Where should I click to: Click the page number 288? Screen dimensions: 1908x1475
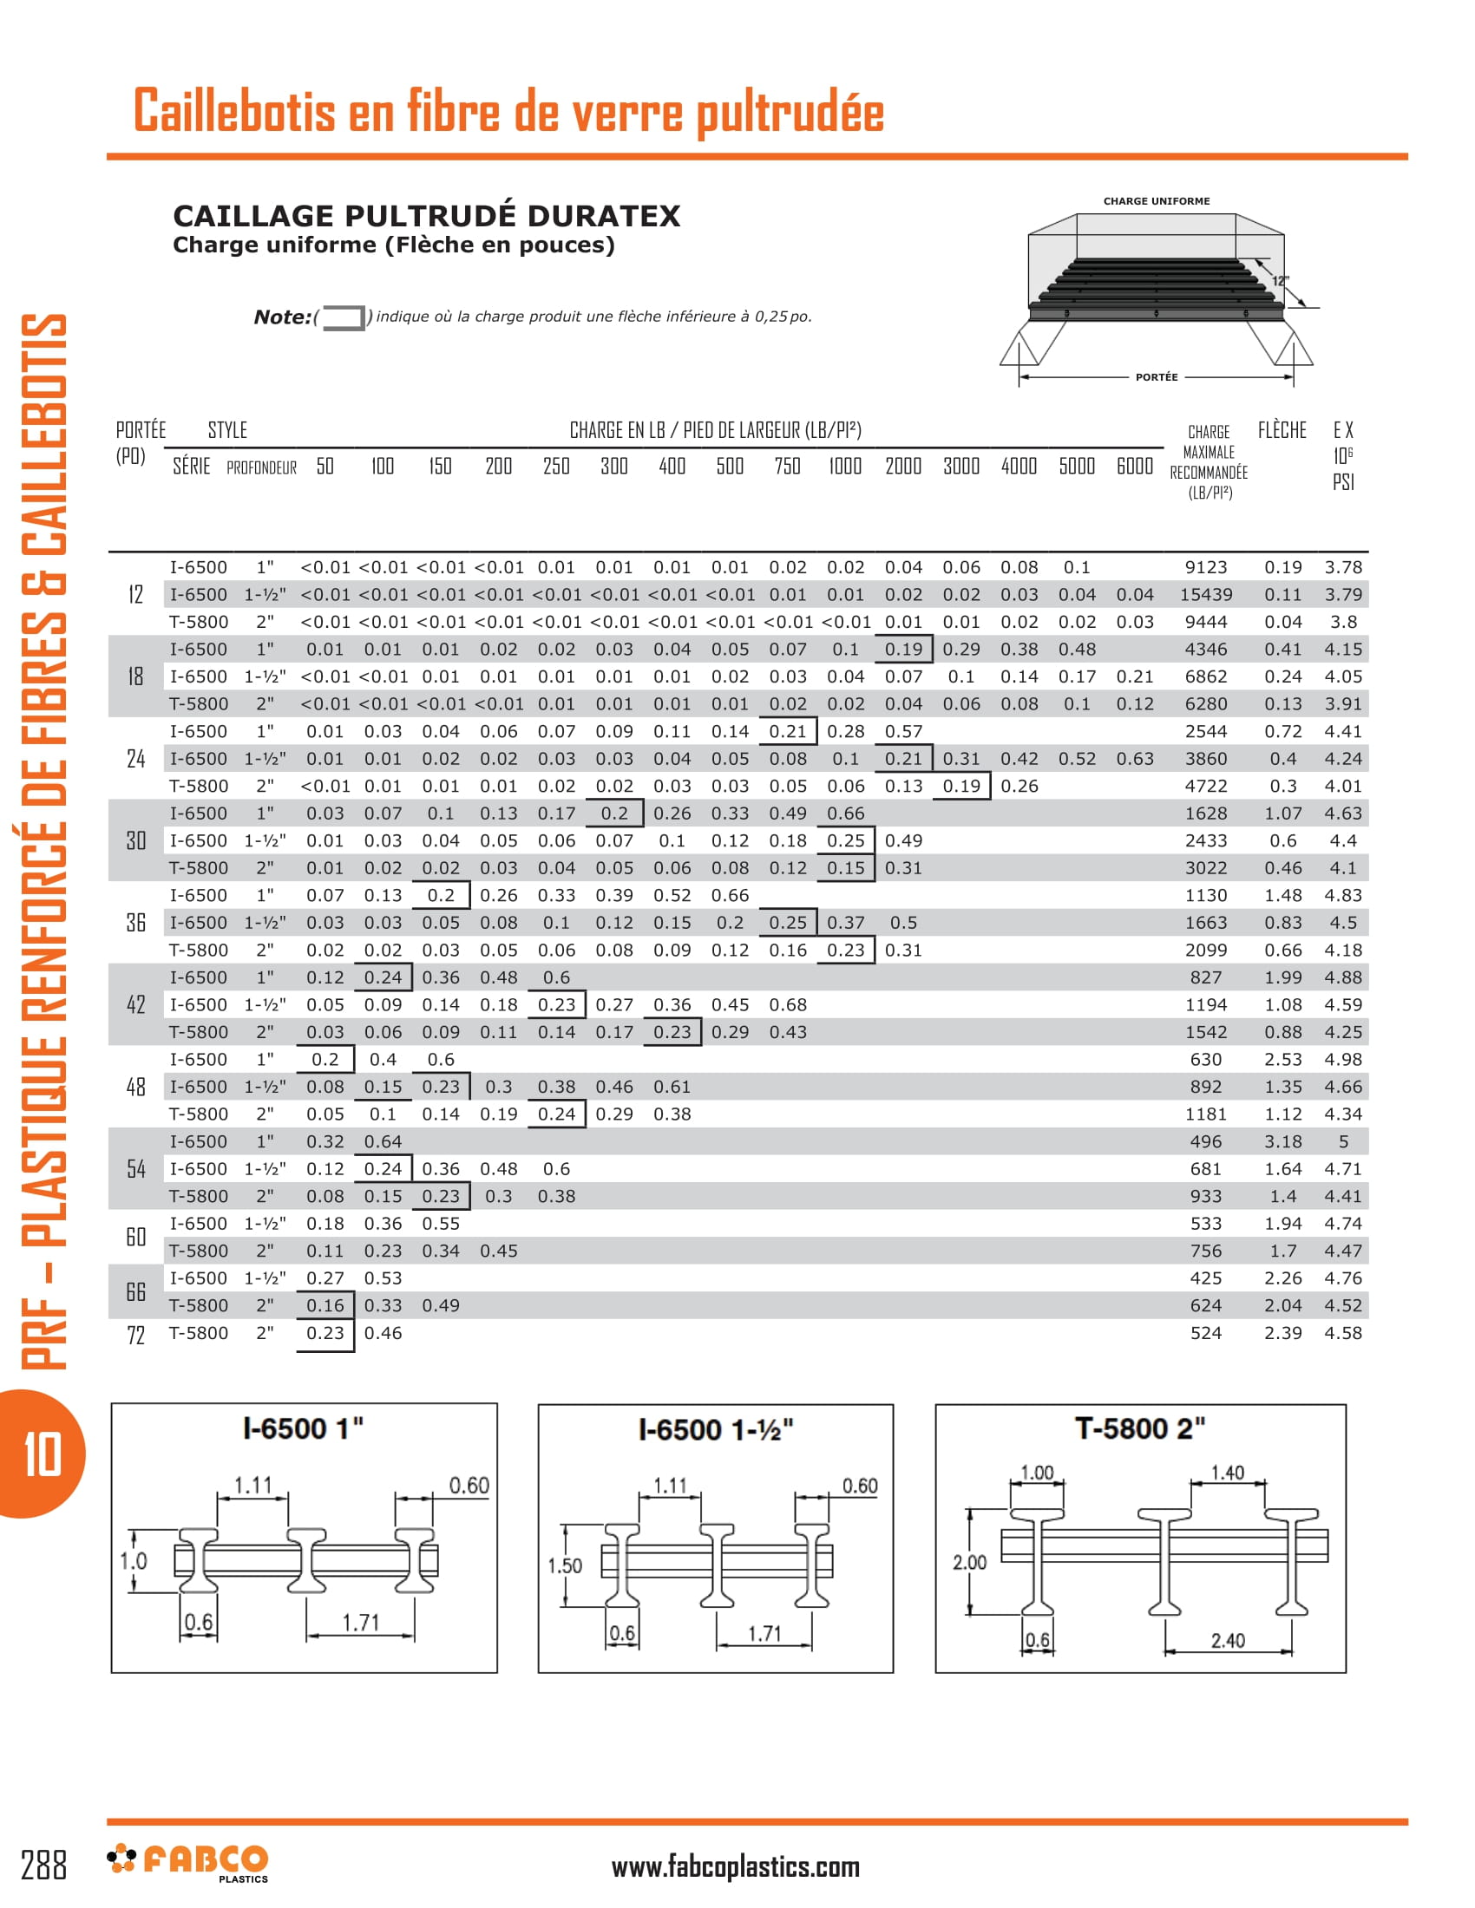tap(43, 1865)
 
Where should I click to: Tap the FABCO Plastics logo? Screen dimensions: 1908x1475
tap(188, 1862)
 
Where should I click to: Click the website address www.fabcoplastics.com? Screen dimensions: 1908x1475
tap(735, 1867)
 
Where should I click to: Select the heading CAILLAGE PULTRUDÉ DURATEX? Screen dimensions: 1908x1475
tap(425, 216)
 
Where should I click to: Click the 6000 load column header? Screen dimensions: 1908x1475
tap(1134, 466)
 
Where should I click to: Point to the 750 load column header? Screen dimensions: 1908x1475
tap(787, 466)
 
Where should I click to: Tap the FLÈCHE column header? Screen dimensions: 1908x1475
tap(1282, 430)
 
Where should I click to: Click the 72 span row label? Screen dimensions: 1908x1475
tap(135, 1335)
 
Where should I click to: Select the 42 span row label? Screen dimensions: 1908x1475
tap(135, 1004)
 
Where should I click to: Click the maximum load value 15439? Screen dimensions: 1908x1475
tap(1206, 595)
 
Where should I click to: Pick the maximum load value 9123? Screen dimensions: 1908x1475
tap(1206, 568)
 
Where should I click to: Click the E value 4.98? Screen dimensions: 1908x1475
tap(1342, 1060)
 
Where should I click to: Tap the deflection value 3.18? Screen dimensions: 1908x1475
tap(1282, 1142)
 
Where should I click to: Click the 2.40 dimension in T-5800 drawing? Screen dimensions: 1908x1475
tap(1227, 1641)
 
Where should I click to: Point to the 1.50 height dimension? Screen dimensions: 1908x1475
tap(565, 1565)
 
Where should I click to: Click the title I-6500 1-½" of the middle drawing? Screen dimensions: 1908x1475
tap(716, 1430)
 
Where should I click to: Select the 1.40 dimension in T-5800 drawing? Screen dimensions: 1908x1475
tap(1227, 1473)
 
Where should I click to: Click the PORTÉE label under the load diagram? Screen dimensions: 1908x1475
tap(1156, 377)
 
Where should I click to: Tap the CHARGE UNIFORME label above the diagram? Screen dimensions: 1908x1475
tap(1156, 201)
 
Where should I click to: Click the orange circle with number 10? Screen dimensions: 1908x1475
tap(41, 1454)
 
